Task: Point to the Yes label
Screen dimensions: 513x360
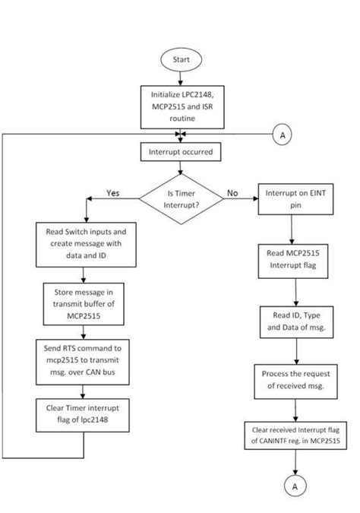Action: click(113, 192)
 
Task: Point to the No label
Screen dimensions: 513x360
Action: click(232, 193)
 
